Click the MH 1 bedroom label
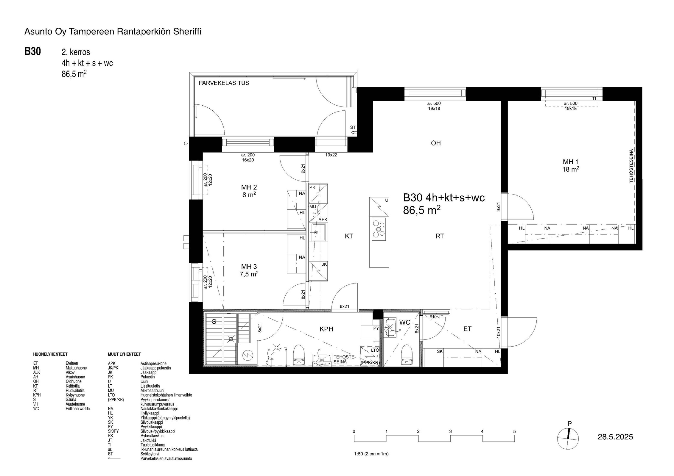point(570,162)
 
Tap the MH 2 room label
point(249,187)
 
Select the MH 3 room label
point(249,267)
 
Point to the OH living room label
point(436,143)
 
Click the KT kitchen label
point(349,236)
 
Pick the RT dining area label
point(440,236)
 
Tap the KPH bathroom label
point(326,329)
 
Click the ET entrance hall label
point(467,329)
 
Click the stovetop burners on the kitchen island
point(379,229)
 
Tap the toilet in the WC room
point(406,355)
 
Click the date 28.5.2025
point(615,437)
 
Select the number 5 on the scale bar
point(514,431)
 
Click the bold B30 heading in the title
point(32,51)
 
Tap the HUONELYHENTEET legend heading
point(50,354)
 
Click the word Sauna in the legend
point(71,400)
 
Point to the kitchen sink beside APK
point(318,232)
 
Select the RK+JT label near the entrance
point(436,317)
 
